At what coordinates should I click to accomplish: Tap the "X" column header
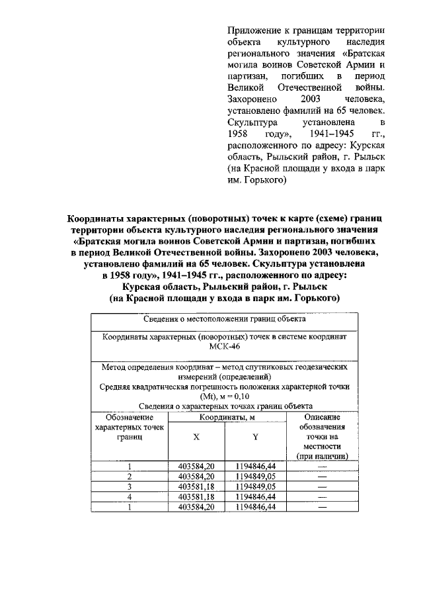(x=196, y=438)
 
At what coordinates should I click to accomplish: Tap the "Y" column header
(x=255, y=438)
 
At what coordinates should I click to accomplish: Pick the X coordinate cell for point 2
(x=196, y=476)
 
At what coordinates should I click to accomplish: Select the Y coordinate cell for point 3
(x=255, y=486)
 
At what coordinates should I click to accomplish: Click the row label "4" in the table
(x=130, y=496)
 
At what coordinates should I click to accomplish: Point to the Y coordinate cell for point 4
(x=255, y=496)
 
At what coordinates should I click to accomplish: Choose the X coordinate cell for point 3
(x=196, y=486)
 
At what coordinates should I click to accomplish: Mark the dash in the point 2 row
(x=323, y=476)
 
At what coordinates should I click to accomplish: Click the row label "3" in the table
(x=130, y=486)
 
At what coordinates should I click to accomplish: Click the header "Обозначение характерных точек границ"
(x=130, y=428)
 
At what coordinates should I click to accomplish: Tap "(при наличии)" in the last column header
(x=323, y=457)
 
